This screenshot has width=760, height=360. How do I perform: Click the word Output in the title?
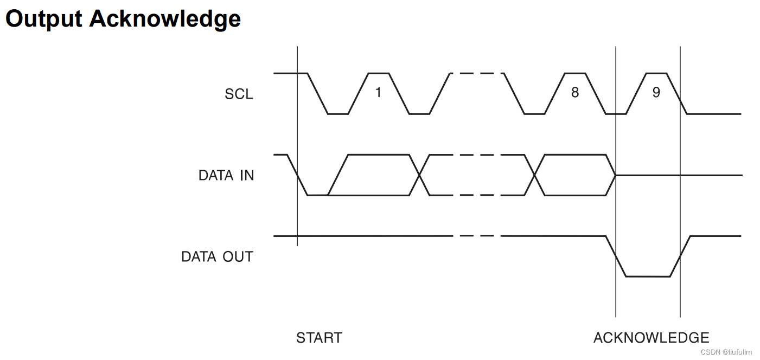pos(43,18)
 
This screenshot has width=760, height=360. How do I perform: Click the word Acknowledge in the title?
pos(165,18)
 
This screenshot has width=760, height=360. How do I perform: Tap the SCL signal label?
pos(239,94)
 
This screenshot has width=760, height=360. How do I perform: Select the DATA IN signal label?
pos(226,175)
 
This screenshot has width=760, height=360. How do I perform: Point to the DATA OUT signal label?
pos(217,256)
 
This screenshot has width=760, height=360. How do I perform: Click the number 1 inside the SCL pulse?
pos(378,93)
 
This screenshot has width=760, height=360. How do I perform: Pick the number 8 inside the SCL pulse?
pos(574,93)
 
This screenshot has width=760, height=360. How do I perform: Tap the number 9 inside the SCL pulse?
pos(656,93)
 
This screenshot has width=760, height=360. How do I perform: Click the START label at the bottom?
pos(319,338)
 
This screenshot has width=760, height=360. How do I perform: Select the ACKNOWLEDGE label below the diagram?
pos(651,338)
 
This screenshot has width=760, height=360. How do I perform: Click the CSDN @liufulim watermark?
pos(726,352)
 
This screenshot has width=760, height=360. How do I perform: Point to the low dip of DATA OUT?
pos(648,277)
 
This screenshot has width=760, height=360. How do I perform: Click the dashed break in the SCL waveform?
pos(476,73)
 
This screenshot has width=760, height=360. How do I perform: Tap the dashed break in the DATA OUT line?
pos(476,236)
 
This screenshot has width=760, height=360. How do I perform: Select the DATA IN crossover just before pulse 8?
pos(534,175)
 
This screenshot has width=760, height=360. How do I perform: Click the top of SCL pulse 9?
pos(656,73)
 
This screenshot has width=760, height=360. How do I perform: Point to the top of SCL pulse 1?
pos(378,73)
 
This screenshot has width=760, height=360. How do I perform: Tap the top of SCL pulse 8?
pos(574,73)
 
